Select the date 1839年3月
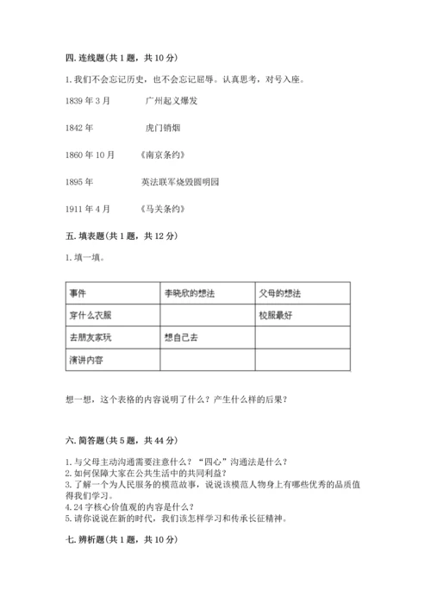tap(87, 101)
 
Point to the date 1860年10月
tap(90, 154)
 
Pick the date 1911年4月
tap(87, 209)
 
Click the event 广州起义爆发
tap(176, 101)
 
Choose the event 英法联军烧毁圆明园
tap(180, 182)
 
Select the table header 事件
tap(78, 293)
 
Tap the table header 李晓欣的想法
tap(189, 293)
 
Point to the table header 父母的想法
tap(282, 293)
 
